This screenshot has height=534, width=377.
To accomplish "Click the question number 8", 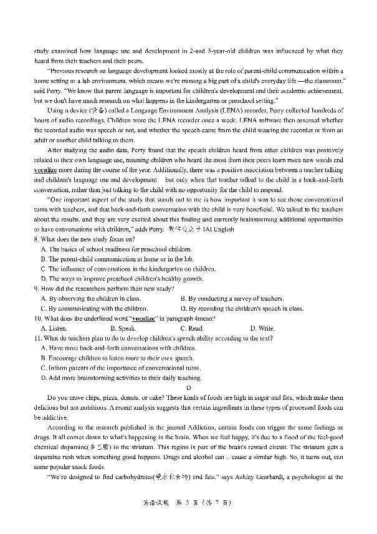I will point(37,239).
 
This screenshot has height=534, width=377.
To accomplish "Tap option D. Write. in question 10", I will point(262,328).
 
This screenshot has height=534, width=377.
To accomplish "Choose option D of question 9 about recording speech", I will point(241,308).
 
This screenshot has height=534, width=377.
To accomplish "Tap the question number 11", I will point(38,337).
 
